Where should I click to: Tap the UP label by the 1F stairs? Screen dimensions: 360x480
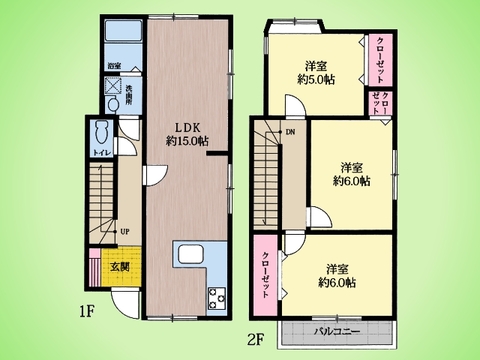(x=125, y=233)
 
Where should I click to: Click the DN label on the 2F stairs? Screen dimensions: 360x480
(x=290, y=131)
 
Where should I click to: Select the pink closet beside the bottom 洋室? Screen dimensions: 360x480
(x=265, y=270)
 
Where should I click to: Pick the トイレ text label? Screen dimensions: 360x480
(x=101, y=153)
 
